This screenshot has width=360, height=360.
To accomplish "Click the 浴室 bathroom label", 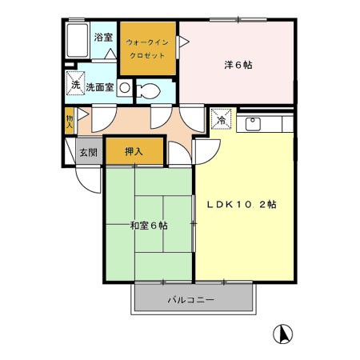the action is pyautogui.click(x=103, y=38).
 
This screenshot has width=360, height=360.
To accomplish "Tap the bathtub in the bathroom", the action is pyautogui.click(x=78, y=40).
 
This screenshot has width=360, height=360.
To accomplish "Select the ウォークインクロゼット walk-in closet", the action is pyautogui.click(x=148, y=49).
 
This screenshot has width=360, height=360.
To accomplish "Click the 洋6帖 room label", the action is pyautogui.click(x=238, y=65).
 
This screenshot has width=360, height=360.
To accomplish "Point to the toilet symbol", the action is pyautogui.click(x=148, y=91).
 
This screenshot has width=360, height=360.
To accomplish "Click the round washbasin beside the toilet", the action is pyautogui.click(x=125, y=88).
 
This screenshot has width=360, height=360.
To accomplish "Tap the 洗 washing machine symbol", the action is pyautogui.click(x=75, y=83).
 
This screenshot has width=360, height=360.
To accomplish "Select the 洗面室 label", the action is pyautogui.click(x=100, y=87).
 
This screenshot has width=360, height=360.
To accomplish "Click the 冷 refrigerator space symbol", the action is pyautogui.click(x=221, y=119).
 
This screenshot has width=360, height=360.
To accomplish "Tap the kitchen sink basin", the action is pyautogui.click(x=253, y=124).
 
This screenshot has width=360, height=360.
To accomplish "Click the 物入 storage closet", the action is pyautogui.click(x=70, y=121).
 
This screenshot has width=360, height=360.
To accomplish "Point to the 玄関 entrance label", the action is pyautogui.click(x=89, y=153).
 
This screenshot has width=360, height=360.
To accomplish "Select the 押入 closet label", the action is pyautogui.click(x=134, y=151).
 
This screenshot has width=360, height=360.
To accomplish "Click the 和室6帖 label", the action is pyautogui.click(x=149, y=226).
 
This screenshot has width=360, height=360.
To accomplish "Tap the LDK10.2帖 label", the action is pyautogui.click(x=242, y=205).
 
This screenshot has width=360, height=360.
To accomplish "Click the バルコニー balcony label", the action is pyautogui.click(x=191, y=300).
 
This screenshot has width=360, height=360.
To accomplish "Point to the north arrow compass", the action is pyautogui.click(x=282, y=334).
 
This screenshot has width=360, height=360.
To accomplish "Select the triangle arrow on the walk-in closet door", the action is pyautogui.click(x=183, y=42).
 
